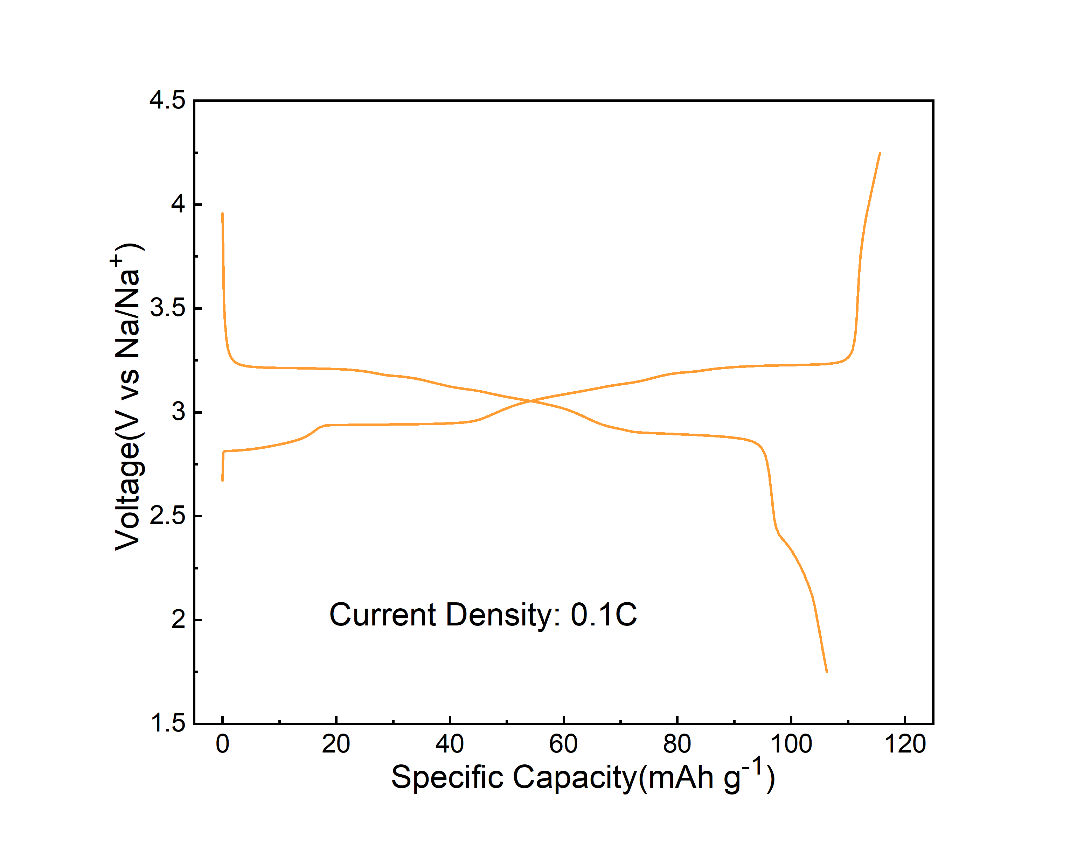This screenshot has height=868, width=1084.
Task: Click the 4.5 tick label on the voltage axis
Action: (167, 100)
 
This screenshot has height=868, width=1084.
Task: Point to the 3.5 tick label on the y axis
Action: (167, 308)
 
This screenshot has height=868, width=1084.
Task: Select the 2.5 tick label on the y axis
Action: (167, 516)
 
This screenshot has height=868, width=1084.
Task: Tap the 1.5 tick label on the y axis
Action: (167, 724)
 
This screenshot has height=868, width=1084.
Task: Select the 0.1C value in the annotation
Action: (603, 615)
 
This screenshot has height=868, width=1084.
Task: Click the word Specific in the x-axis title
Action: (447, 778)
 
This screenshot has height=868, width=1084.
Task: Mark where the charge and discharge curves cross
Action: (530, 401)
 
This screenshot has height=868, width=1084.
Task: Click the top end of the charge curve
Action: (880, 153)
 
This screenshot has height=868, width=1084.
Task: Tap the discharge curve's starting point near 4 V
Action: (222, 213)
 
